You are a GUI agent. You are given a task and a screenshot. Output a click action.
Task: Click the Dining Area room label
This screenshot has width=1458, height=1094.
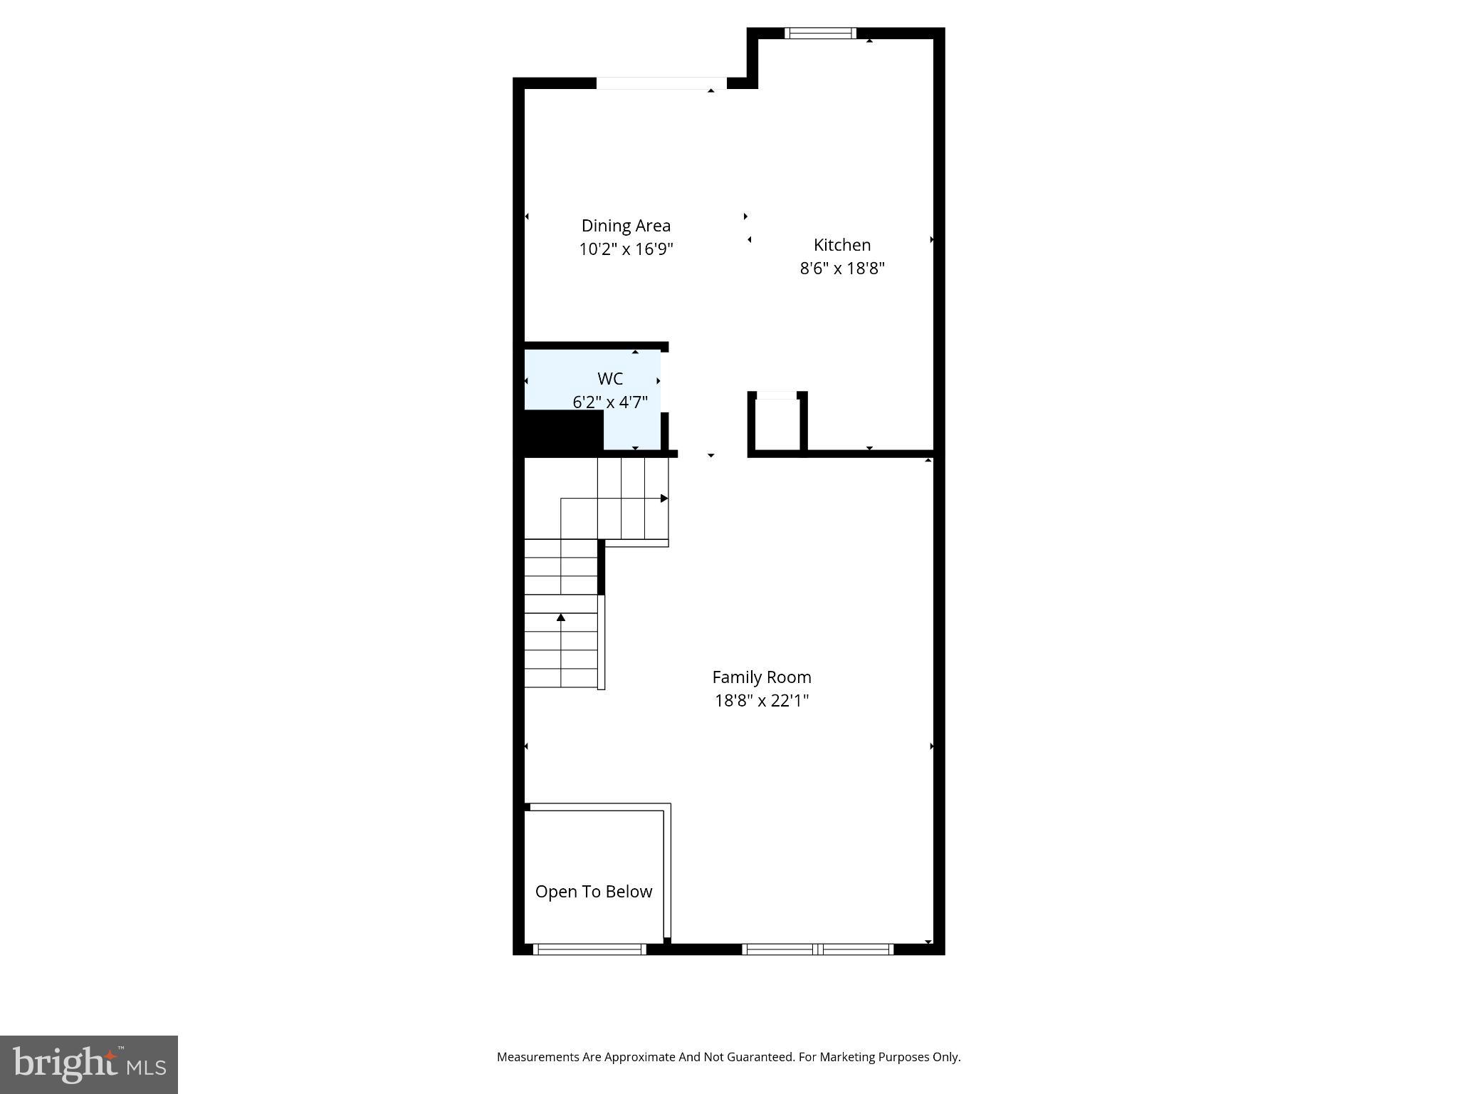click(626, 226)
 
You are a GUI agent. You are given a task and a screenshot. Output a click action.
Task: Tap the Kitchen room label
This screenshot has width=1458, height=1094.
click(842, 245)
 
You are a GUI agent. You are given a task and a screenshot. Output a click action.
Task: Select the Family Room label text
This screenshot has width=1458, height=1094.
click(762, 677)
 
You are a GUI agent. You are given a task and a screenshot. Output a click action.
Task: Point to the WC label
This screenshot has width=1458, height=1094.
click(610, 379)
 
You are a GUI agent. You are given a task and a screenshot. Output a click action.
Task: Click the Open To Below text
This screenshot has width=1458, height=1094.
click(594, 892)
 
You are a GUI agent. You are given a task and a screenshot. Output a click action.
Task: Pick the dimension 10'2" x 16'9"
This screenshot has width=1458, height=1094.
click(626, 249)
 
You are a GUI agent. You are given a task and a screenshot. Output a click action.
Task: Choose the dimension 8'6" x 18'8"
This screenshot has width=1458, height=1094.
click(842, 269)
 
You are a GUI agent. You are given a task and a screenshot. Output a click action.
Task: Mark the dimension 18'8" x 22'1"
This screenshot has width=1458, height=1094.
click(762, 701)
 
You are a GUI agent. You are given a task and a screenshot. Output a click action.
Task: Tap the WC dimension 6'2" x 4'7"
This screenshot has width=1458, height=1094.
click(610, 402)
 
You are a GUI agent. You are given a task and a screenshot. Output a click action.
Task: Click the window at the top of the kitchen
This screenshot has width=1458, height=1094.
click(820, 33)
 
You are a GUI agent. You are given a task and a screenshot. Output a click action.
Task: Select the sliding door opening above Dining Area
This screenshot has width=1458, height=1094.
click(661, 83)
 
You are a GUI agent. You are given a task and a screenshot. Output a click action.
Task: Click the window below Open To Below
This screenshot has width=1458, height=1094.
click(589, 949)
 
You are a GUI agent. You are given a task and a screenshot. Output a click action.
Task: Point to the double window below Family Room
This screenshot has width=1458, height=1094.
click(817, 949)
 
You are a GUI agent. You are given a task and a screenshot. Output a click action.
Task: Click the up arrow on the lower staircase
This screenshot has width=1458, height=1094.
click(561, 617)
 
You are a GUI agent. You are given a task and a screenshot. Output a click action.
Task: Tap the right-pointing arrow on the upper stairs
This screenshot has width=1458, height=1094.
click(664, 499)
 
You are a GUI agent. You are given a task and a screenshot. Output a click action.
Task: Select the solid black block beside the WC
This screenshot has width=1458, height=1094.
click(562, 431)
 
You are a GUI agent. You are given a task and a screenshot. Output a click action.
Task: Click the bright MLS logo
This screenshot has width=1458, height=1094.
click(89, 1064)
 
